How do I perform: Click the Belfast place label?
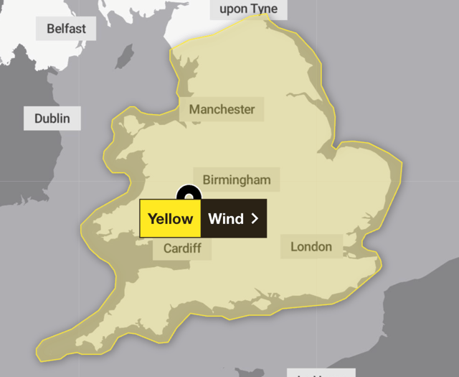(x=66, y=29)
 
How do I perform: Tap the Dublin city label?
(x=52, y=118)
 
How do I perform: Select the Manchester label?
(x=222, y=110)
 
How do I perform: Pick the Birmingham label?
(x=236, y=180)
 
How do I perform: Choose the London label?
(x=311, y=246)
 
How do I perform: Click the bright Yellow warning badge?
(x=170, y=218)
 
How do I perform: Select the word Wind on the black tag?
(x=226, y=218)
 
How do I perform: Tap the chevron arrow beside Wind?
(x=255, y=218)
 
